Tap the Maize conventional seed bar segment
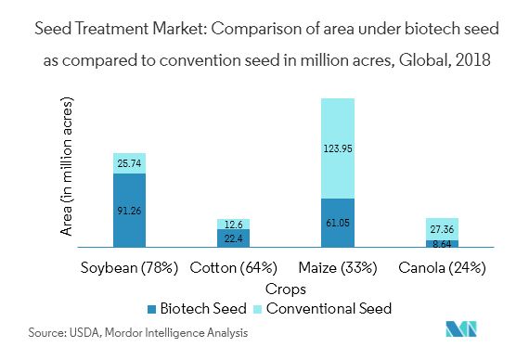point(338,148)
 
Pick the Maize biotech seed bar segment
point(338,223)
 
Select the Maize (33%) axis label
point(337,269)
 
